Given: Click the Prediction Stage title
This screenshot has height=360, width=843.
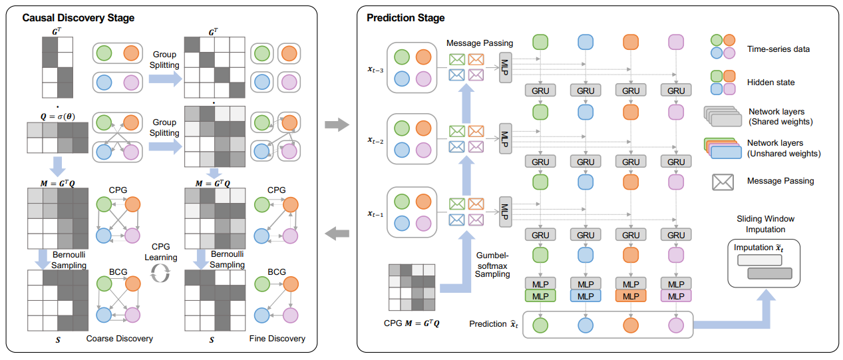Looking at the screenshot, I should coord(406,18).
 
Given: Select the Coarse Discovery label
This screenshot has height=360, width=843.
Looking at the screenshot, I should coord(120,339).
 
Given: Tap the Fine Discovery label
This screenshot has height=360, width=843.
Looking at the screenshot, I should coord(277,339).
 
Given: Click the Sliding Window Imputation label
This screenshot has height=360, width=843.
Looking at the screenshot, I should coord(765,224).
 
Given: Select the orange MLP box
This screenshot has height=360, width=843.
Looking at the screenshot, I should coord(631,295).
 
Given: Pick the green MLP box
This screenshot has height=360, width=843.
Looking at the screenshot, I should coord(540,295).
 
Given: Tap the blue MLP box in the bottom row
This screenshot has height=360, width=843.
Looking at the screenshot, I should coord(586,295).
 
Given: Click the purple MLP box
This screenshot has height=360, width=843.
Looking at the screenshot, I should coord(675,295).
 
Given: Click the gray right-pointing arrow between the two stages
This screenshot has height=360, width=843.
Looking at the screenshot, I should coord(339,124).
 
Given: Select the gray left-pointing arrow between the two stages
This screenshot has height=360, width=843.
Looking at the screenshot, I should coord(339,232).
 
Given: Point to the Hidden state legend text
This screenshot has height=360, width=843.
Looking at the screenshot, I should coord(771,83).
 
